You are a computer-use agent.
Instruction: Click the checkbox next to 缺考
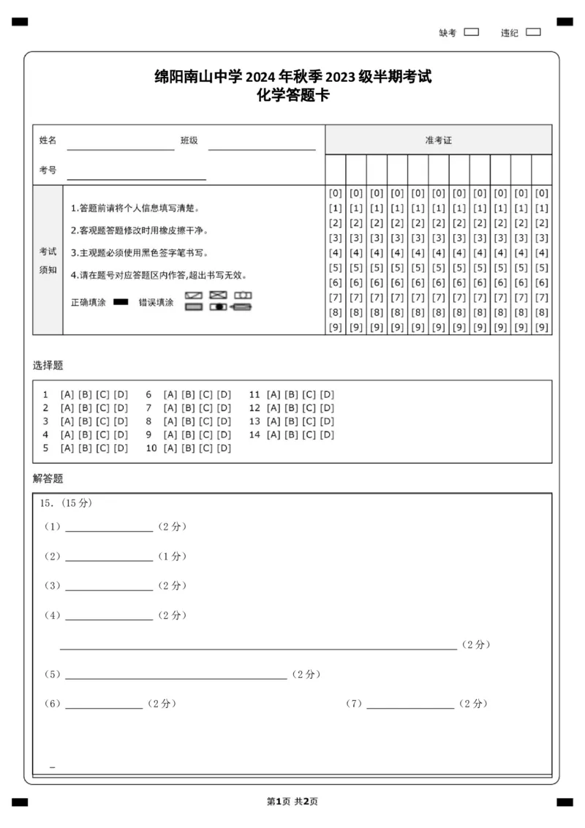coord(472,32)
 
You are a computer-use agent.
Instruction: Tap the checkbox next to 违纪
coord(533,32)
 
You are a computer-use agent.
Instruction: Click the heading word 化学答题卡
coord(292,94)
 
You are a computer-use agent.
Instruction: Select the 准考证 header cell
coord(438,140)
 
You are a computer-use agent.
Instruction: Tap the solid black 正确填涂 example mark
coord(121,302)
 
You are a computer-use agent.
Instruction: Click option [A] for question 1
coord(67,394)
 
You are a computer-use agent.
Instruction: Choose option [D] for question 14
coord(327,434)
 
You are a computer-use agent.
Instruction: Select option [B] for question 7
coord(188,408)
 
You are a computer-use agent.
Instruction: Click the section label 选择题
coord(48,365)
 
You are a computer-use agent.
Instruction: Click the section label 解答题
coord(48,478)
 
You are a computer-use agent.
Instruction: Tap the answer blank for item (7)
coord(409,705)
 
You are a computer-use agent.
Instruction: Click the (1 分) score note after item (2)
coord(172,556)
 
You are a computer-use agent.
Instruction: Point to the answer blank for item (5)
coord(175,675)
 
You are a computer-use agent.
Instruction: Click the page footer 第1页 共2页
coord(292,802)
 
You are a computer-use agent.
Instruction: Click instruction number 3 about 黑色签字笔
coord(140,253)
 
